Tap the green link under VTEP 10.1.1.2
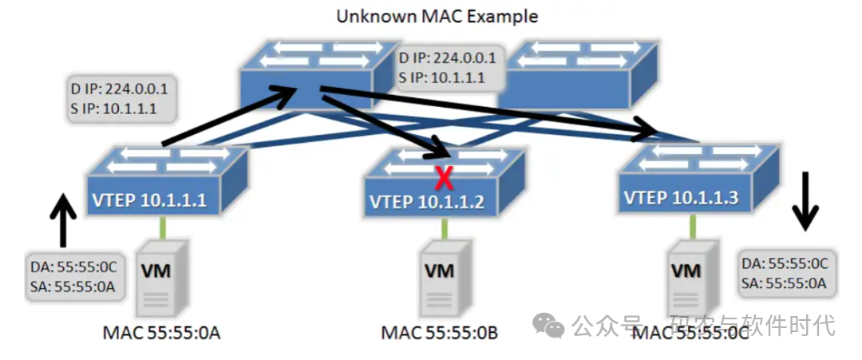(x=443, y=230)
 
